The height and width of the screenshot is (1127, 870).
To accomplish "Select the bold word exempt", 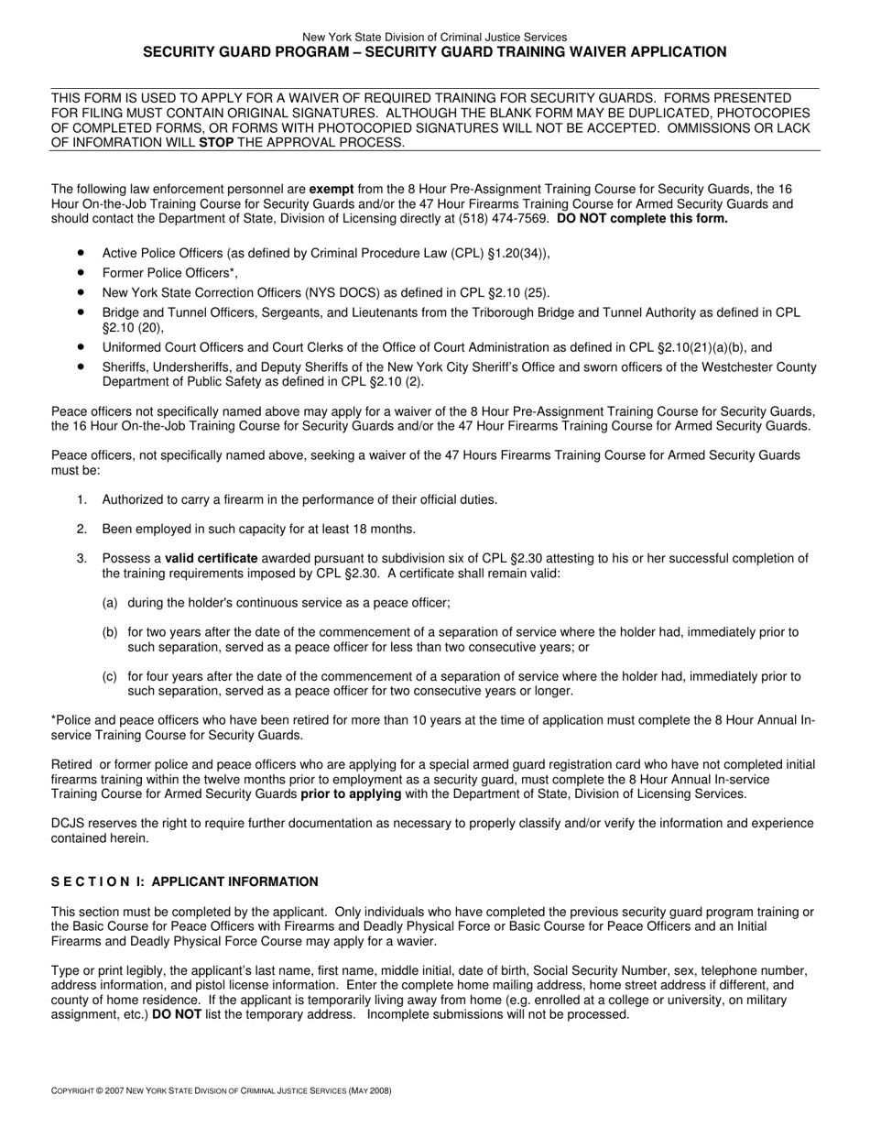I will pos(332,189).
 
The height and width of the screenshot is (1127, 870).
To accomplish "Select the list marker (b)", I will pos(110,632).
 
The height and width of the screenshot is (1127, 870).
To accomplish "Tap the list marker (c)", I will pos(110,676).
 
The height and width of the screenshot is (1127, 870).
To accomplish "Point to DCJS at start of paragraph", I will pos(68,823).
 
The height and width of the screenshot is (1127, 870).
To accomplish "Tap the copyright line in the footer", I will pos(222,1090).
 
